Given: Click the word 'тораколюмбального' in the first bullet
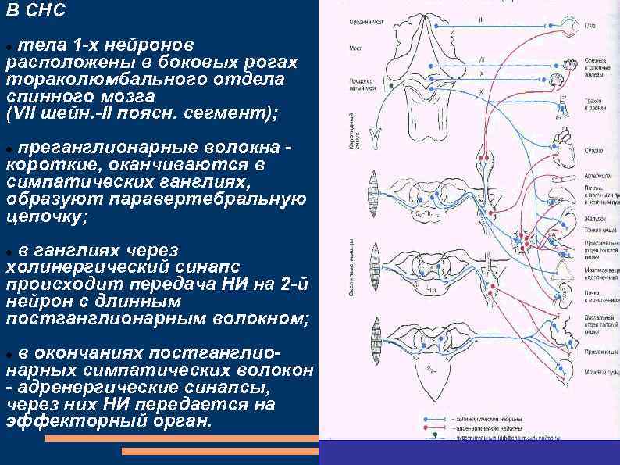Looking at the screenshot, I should pos(87,80).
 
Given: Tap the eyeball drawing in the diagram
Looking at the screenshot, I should pos(568,27).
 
